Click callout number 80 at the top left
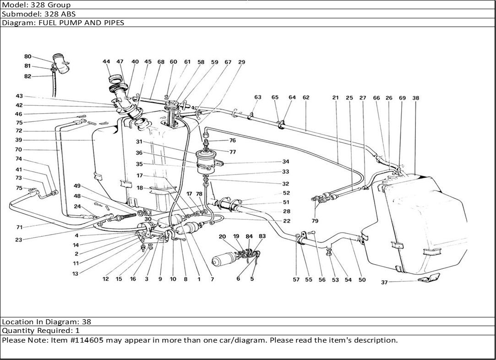pyautogui.click(x=28, y=57)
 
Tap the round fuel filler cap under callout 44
pyautogui.click(x=114, y=79)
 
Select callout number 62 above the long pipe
pyautogui.click(x=305, y=98)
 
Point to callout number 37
pyautogui.click(x=384, y=282)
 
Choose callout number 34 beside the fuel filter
pyautogui.click(x=286, y=162)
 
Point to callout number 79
pyautogui.click(x=315, y=221)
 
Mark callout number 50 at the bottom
pyautogui.click(x=362, y=280)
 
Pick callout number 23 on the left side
pyautogui.click(x=19, y=240)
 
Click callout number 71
pyautogui.click(x=19, y=227)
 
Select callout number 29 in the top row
pyautogui.click(x=242, y=62)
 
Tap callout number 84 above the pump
pyautogui.click(x=249, y=236)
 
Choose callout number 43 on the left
pyautogui.click(x=19, y=96)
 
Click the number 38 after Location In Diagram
pyautogui.click(x=87, y=322)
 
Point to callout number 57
pyautogui.click(x=296, y=280)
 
